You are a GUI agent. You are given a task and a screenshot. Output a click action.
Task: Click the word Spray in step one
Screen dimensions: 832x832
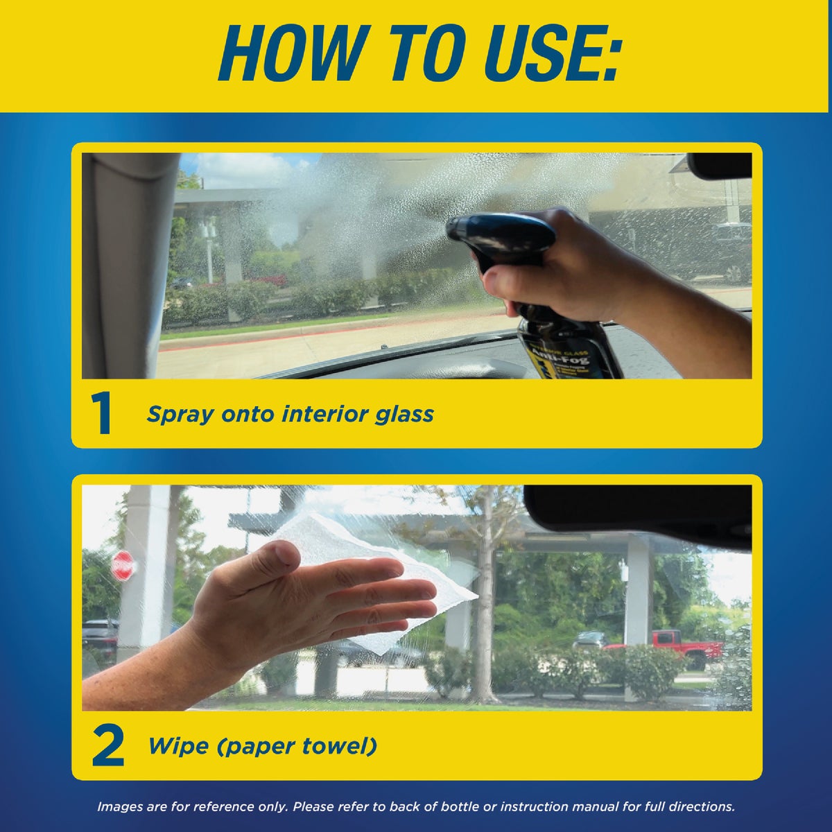(180, 415)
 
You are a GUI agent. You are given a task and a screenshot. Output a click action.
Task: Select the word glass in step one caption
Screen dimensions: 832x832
(402, 415)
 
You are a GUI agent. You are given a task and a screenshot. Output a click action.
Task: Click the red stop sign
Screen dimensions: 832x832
(122, 566)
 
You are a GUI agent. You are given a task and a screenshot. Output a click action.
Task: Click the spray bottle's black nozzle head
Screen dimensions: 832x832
(499, 236)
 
